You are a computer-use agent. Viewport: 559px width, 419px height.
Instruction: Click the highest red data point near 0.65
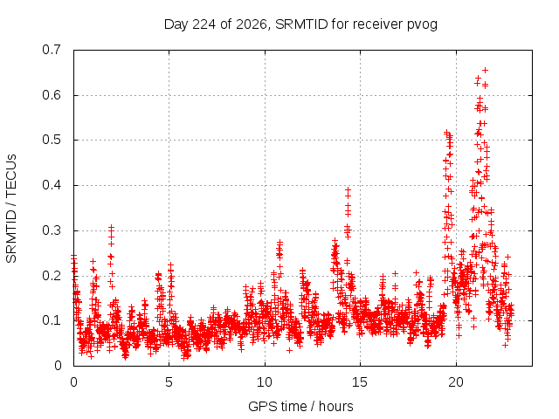(485, 70)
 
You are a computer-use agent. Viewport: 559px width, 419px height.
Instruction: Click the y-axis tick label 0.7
(52, 50)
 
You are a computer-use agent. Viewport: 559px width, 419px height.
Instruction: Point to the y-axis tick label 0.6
(52, 95)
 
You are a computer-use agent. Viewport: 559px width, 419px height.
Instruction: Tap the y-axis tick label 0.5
(52, 140)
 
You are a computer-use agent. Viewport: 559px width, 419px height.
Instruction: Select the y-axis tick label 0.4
(52, 185)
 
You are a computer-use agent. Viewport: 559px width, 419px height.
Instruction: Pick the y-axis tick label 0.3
(52, 230)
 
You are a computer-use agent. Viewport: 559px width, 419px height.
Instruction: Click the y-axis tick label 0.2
(52, 276)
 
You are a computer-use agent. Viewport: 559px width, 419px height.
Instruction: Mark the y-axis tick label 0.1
(52, 320)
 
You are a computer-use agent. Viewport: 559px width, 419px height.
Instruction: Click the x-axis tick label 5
(169, 382)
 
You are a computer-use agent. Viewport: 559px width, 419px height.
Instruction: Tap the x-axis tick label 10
(265, 382)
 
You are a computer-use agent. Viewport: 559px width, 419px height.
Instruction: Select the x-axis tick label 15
(360, 382)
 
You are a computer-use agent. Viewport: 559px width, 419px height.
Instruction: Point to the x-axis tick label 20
(456, 382)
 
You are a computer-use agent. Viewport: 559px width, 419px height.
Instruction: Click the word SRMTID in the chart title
(301, 24)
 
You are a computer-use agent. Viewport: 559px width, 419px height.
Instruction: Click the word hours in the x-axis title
(335, 407)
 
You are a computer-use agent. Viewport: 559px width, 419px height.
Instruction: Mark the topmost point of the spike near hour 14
(348, 189)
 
